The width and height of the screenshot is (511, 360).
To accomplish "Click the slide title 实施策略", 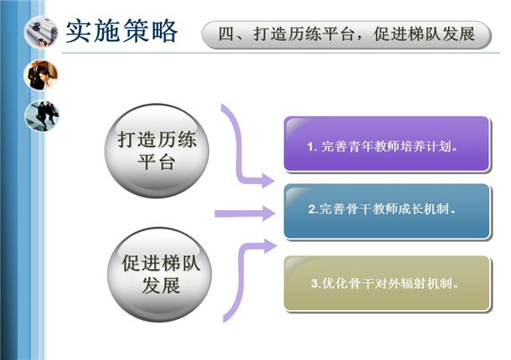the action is pos(121,31).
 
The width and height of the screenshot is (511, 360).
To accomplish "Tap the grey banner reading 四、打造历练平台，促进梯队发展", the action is pos(347,35).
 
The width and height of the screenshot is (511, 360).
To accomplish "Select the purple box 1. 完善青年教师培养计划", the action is pos(387,144).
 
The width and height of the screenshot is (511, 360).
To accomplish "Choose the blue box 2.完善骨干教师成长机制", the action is pos(387,211).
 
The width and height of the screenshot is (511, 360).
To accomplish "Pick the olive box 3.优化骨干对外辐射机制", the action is pos(387,284).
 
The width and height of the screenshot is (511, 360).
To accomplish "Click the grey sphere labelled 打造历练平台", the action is pos(157,151).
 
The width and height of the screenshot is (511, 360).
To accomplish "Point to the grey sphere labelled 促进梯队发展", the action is pos(159,275).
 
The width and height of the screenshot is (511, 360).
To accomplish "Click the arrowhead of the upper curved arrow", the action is pos(268,181).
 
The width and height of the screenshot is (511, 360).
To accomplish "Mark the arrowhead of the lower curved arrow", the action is pos(269,246).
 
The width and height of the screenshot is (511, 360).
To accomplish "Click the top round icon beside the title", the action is pos(41,32).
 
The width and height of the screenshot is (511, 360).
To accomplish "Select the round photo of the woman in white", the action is pos(41,75).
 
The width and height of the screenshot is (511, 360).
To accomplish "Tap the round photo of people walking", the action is pos(42,116).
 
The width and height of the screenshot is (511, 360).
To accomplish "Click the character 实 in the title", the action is pos(79,31).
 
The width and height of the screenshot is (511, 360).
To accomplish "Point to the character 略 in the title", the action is pos(165,31).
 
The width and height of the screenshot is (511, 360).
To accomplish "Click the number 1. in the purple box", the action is pos(312,147).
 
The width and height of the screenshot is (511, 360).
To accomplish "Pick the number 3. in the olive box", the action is pos(316,284).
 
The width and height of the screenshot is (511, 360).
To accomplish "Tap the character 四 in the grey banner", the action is pos(225,34).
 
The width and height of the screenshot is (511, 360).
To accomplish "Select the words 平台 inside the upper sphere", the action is pos(157,162).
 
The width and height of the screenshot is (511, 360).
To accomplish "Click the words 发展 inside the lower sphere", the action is pos(161,285).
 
